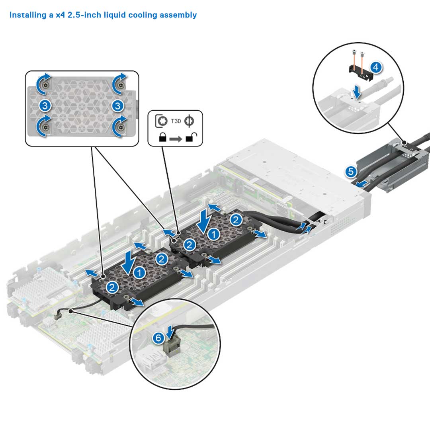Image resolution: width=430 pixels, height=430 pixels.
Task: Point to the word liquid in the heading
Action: click(120, 15)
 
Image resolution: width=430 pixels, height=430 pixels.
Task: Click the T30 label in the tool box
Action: click(176, 121)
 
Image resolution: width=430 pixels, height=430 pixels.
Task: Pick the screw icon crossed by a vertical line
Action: click(190, 121)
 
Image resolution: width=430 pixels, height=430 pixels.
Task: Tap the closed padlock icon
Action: click(163, 138)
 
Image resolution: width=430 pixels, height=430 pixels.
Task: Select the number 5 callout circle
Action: click(351, 172)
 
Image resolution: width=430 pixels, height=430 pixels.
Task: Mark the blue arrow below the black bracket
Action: click(358, 93)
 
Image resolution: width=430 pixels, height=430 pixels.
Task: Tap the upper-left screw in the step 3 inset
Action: click(47, 86)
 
